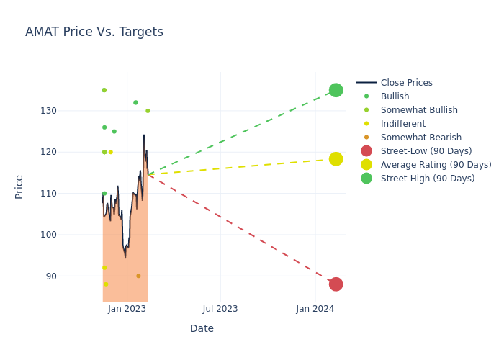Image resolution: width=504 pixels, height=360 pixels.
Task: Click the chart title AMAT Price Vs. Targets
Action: click(x=94, y=32)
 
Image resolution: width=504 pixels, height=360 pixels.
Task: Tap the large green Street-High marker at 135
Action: click(x=336, y=90)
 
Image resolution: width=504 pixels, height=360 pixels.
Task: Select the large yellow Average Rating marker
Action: click(x=336, y=159)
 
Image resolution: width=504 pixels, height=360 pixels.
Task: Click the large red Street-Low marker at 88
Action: click(x=336, y=284)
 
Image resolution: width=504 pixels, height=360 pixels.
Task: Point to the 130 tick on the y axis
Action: click(x=87, y=111)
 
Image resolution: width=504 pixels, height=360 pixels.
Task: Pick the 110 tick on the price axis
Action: click(x=87, y=194)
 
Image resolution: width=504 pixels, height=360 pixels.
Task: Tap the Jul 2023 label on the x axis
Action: click(x=220, y=309)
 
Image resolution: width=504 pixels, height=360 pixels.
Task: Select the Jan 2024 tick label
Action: click(x=315, y=309)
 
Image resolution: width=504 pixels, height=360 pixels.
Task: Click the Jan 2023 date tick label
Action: click(x=127, y=309)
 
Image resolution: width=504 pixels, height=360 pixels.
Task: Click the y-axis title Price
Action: click(x=19, y=186)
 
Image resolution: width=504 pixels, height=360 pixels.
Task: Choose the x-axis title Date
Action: click(x=202, y=329)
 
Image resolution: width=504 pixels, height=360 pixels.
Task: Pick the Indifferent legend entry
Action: click(x=402, y=124)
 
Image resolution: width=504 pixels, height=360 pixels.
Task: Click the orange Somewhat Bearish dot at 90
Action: click(x=138, y=276)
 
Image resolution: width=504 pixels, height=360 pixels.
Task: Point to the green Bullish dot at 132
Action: click(x=135, y=103)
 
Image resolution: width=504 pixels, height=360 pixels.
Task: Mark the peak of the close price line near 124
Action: click(x=143, y=135)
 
